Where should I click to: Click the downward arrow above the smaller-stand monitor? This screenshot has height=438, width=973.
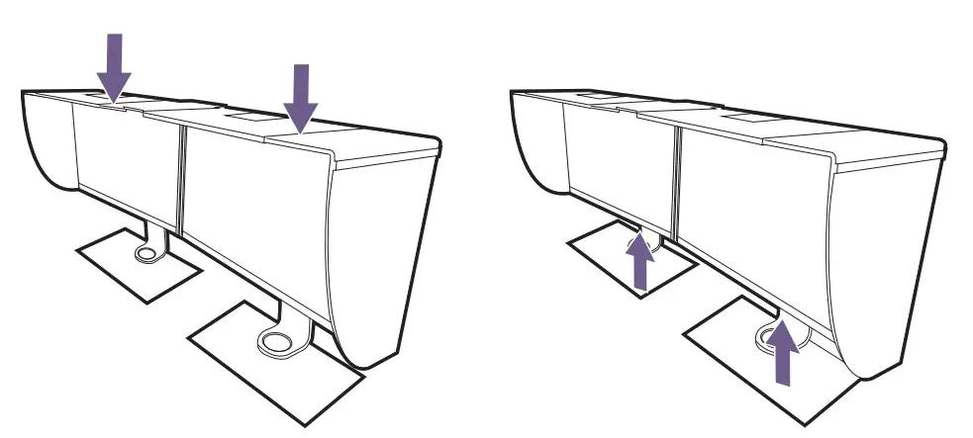click(x=115, y=67)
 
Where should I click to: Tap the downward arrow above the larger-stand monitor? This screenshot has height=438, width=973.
click(x=300, y=97)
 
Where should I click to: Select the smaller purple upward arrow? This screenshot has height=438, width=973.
click(x=641, y=259)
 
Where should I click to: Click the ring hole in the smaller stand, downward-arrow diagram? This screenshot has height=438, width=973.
click(x=146, y=253)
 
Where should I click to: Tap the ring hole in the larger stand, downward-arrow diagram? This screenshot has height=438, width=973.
click(x=276, y=342)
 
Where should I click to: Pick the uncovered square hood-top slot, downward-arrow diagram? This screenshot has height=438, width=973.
click(x=244, y=116)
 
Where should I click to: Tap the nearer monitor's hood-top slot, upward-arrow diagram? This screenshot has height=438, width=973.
click(x=734, y=117)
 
